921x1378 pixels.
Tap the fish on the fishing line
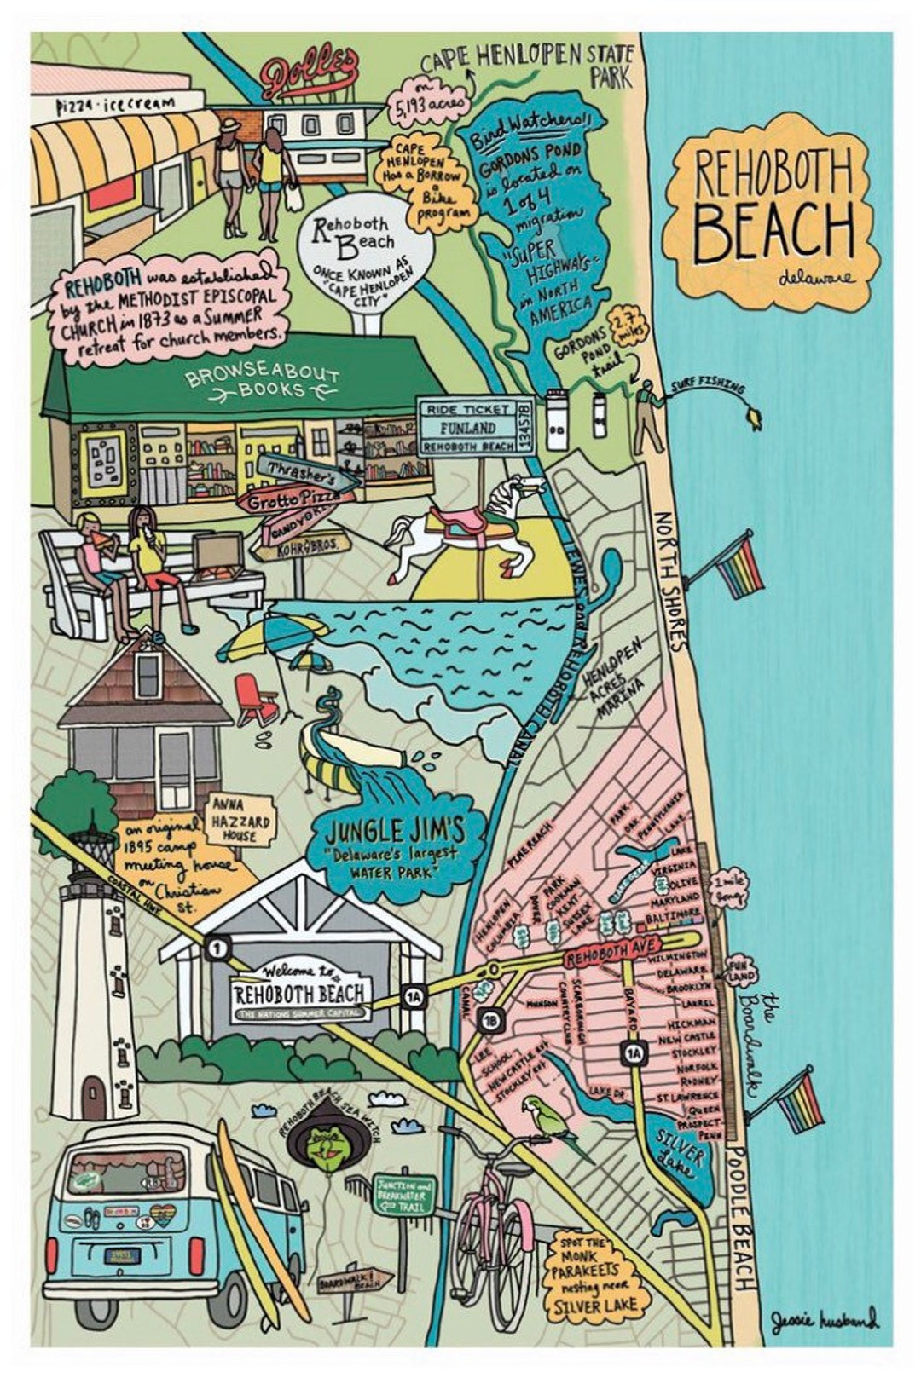[753, 417]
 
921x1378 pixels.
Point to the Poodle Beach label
[741, 1219]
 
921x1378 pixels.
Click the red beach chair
[256, 699]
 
